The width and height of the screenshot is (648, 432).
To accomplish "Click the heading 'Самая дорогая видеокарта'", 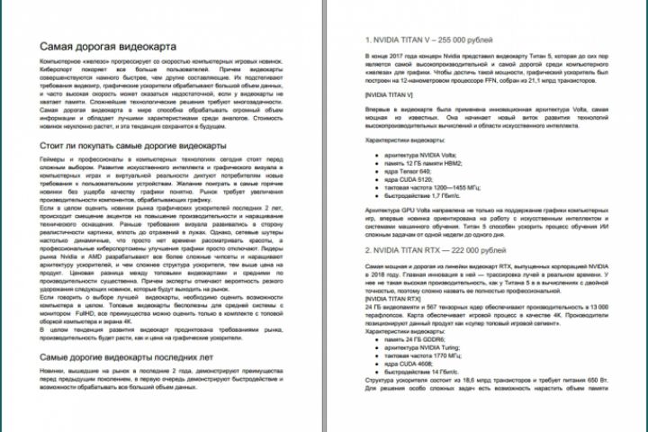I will [106, 46].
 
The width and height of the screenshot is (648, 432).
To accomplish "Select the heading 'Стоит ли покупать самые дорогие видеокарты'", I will [132, 145].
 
